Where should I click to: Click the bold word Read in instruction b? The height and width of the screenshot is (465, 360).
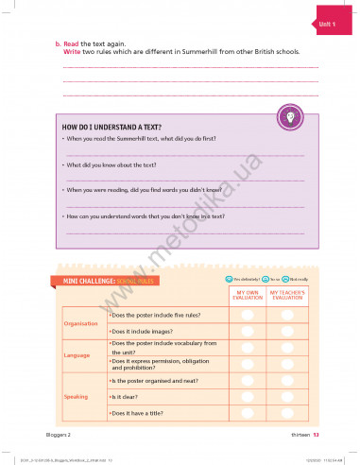point(70,44)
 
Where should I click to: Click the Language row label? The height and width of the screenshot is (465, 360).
point(77,355)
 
